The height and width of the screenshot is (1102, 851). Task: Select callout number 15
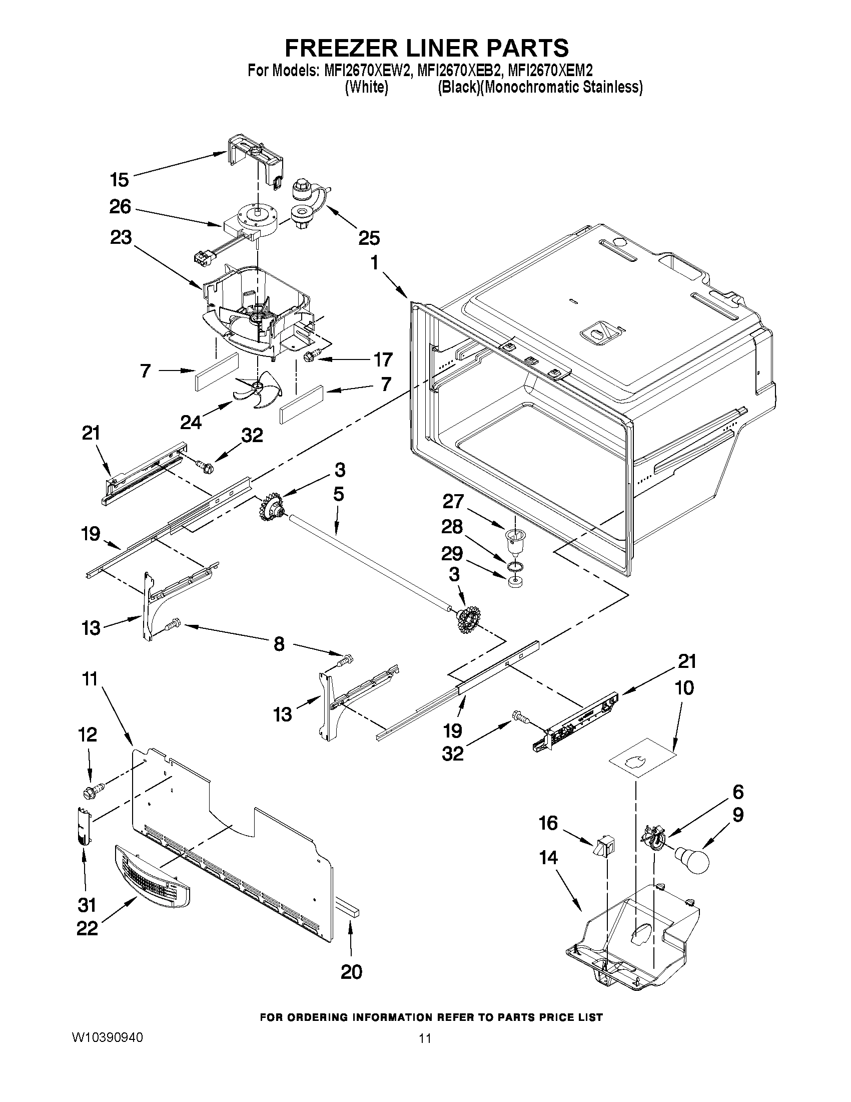pos(119,180)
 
